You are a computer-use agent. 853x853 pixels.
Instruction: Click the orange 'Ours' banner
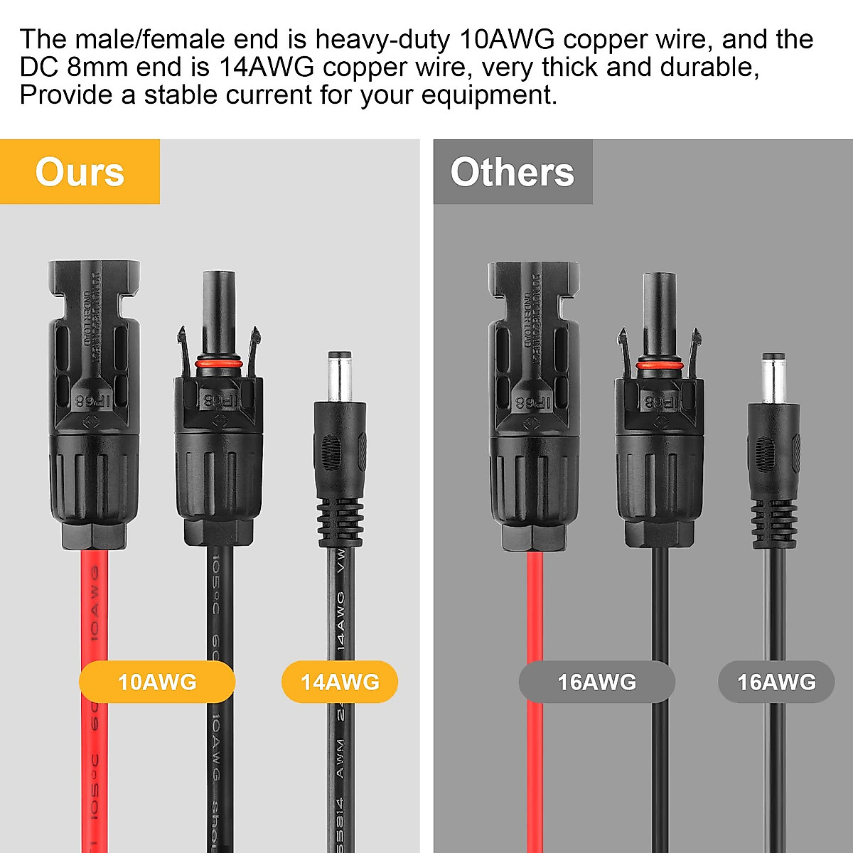point(80,172)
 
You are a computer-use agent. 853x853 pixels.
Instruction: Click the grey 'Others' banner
point(513,172)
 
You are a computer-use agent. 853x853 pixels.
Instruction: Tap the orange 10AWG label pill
point(157,682)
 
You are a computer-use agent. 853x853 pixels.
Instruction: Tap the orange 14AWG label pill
point(340,682)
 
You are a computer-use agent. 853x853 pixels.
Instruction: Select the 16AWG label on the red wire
point(596,682)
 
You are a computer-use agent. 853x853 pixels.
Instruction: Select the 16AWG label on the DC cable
point(776,682)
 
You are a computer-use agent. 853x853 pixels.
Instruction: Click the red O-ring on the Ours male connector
point(218,363)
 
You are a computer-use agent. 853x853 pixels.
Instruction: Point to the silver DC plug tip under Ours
point(339,377)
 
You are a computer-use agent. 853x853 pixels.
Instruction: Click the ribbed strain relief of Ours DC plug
point(340,522)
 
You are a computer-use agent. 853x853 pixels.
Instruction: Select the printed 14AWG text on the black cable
point(340,621)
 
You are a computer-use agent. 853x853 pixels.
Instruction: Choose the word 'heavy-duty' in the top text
point(382,39)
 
